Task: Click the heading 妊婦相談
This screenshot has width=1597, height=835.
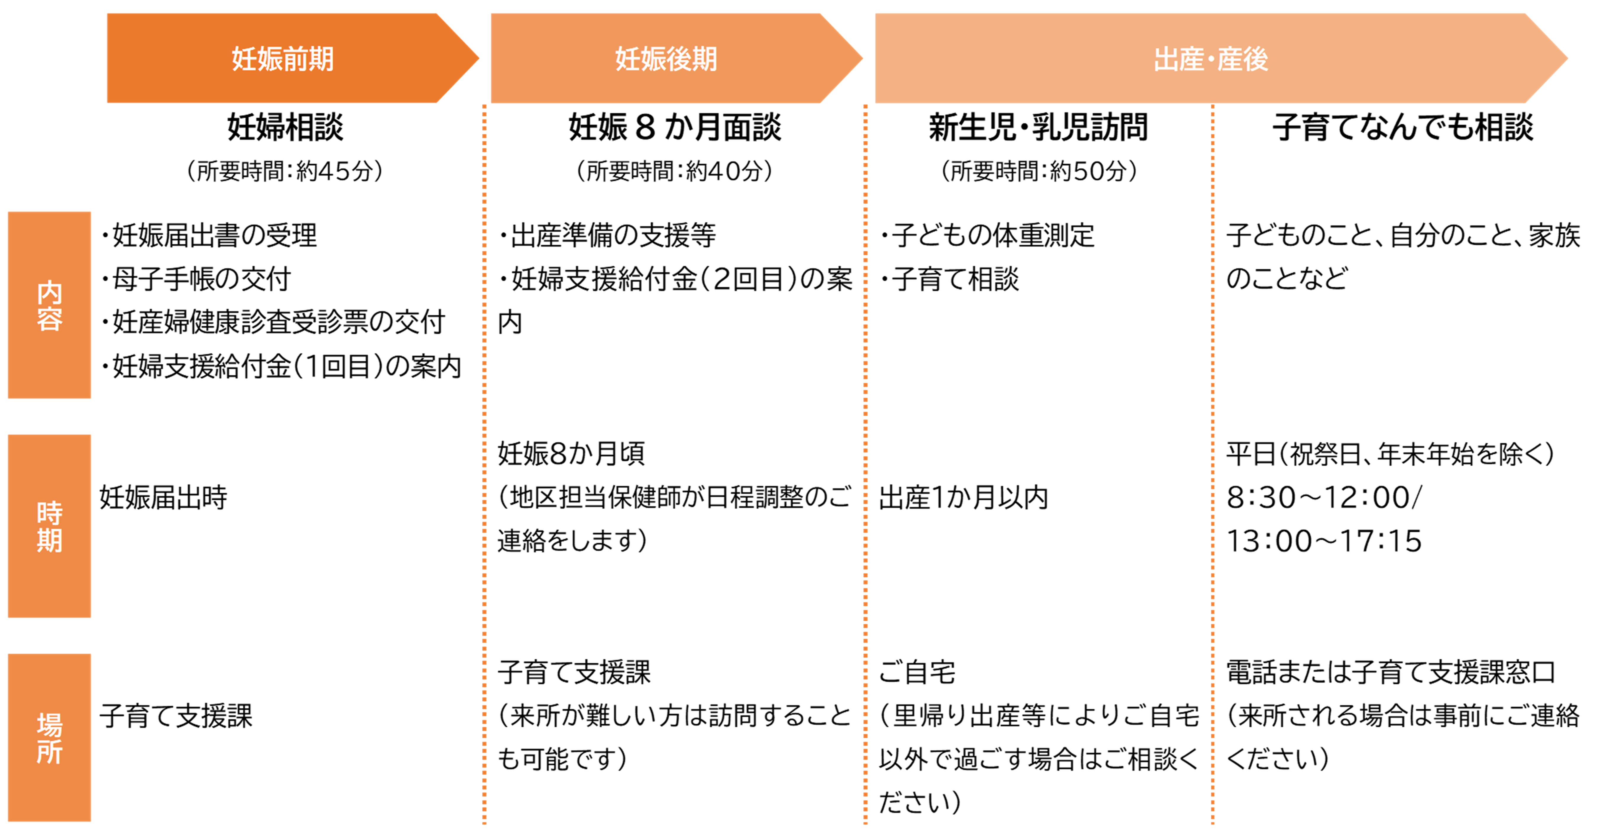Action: pyautogui.click(x=285, y=127)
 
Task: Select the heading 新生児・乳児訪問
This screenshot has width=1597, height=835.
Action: pyautogui.click(x=1039, y=127)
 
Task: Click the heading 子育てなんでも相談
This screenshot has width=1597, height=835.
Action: pyautogui.click(x=1403, y=127)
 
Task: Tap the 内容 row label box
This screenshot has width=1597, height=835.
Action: pyautogui.click(x=50, y=304)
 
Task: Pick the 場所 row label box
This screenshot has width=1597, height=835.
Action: pyautogui.click(x=50, y=738)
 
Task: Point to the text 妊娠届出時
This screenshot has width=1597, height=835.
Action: pyautogui.click(x=164, y=497)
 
